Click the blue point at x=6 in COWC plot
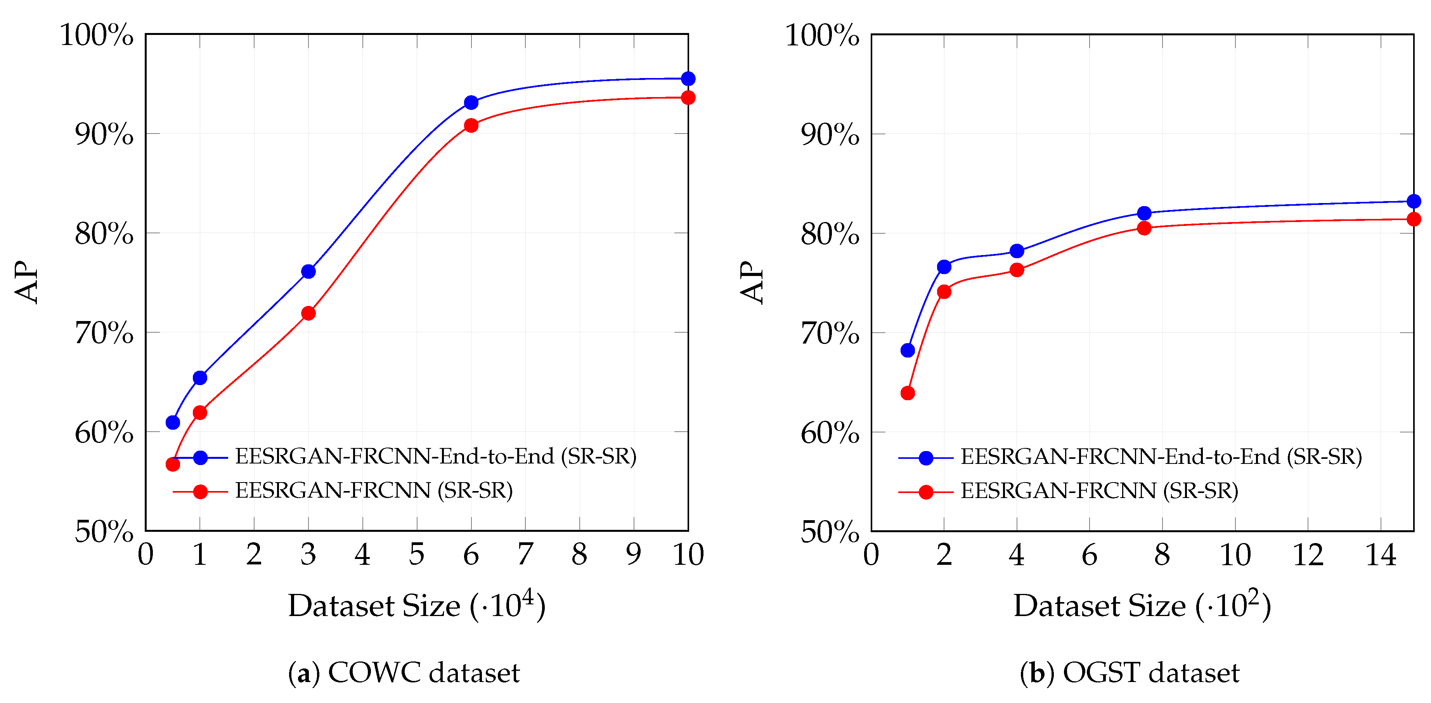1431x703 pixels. pos(471,102)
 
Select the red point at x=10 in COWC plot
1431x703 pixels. pos(688,98)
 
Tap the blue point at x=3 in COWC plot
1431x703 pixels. pos(308,271)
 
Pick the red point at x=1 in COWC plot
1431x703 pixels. pos(200,412)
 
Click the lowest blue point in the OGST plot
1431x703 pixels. pos(908,350)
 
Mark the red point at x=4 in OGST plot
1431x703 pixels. pos(1017,270)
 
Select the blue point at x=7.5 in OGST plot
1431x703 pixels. pos(1144,214)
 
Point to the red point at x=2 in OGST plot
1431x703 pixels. pos(944,292)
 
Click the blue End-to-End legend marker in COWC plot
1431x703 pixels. pos(201,457)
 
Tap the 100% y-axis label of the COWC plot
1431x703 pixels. pos(97,36)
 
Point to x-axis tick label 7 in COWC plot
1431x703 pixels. pos(525,555)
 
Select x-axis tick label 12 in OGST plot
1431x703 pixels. pos(1308,555)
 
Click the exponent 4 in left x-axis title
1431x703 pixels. pos(528,597)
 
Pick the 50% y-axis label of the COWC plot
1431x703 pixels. pos(104,532)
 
